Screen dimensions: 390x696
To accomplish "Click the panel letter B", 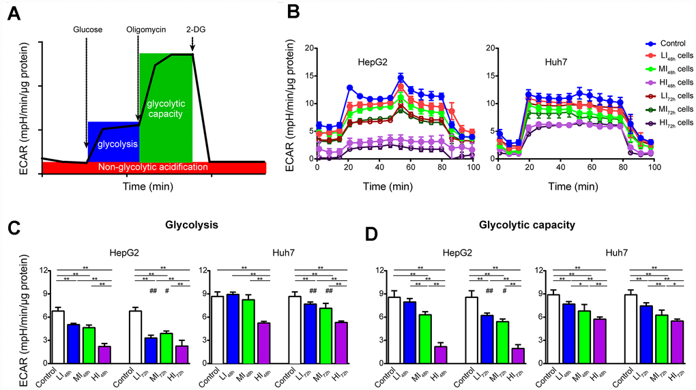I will [294, 13].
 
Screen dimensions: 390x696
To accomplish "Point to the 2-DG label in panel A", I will [194, 30].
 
